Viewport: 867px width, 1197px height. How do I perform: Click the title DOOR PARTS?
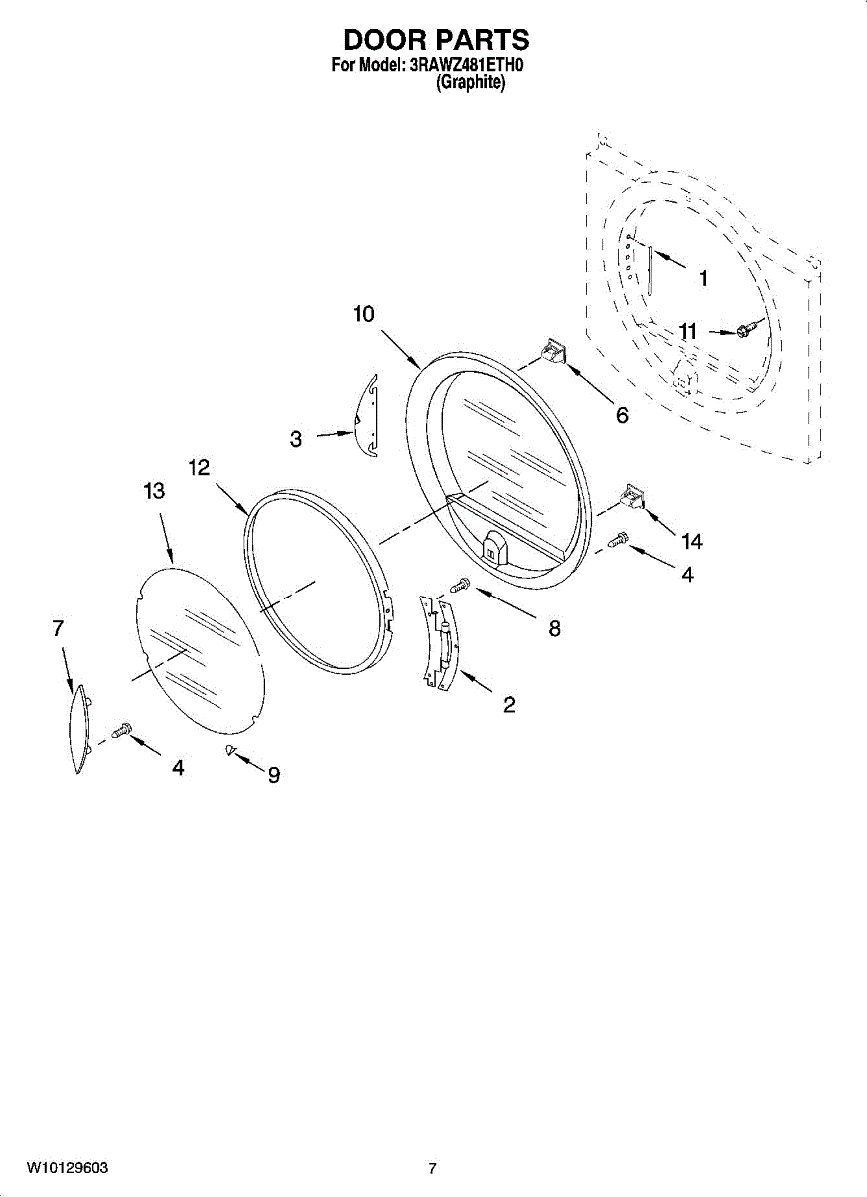pyautogui.click(x=436, y=41)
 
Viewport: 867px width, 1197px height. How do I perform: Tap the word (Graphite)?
pyautogui.click(x=471, y=85)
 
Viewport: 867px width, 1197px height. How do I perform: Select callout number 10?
pyautogui.click(x=363, y=315)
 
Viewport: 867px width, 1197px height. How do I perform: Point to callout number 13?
pyautogui.click(x=154, y=492)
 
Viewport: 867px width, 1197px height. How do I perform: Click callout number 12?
pyautogui.click(x=199, y=467)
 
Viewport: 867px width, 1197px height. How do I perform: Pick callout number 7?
pyautogui.click(x=58, y=628)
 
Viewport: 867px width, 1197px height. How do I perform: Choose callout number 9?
pyautogui.click(x=273, y=775)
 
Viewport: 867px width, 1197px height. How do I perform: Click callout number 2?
pyautogui.click(x=509, y=705)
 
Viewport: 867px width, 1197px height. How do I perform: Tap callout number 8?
pyautogui.click(x=554, y=628)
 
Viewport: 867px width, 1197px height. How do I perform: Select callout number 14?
pyautogui.click(x=691, y=542)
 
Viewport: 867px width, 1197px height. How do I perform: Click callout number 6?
pyautogui.click(x=622, y=415)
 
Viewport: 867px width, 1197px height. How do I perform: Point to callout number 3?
pyautogui.click(x=296, y=438)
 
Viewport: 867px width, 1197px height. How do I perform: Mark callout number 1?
pyautogui.click(x=702, y=279)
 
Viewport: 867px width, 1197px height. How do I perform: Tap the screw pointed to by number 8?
pyautogui.click(x=460, y=587)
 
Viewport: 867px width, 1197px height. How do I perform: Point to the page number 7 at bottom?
pyautogui.click(x=432, y=1168)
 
